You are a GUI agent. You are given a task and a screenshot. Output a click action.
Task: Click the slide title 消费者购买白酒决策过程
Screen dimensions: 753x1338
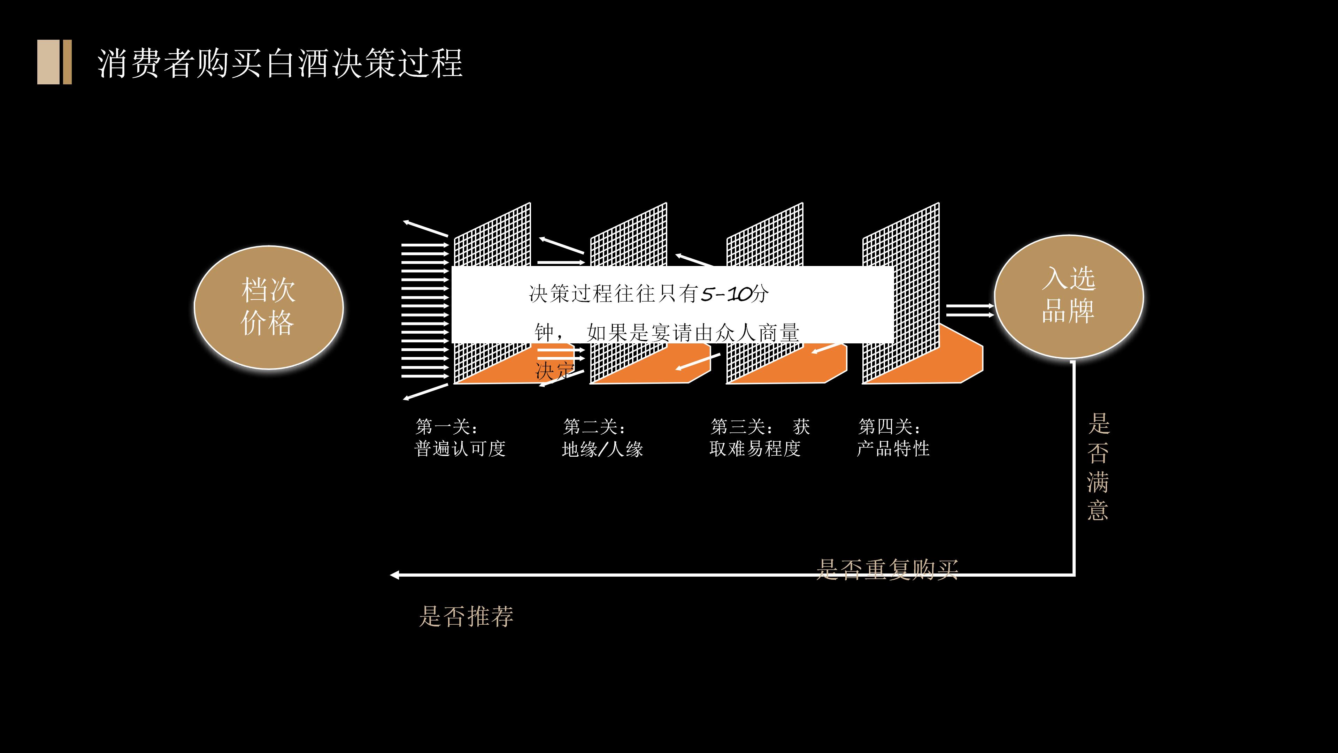279,63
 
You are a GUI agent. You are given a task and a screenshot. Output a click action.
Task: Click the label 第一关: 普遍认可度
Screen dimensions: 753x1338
460,438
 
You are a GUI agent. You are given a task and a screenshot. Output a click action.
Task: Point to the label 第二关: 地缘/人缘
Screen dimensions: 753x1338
602,438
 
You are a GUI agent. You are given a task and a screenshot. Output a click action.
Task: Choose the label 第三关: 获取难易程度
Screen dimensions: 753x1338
759,438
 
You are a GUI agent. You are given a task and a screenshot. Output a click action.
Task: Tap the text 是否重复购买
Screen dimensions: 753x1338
887,569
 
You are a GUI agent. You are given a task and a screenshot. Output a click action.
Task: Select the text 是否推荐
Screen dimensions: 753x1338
466,616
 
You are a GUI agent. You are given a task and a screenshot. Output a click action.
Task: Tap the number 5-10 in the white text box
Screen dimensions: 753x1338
726,294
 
